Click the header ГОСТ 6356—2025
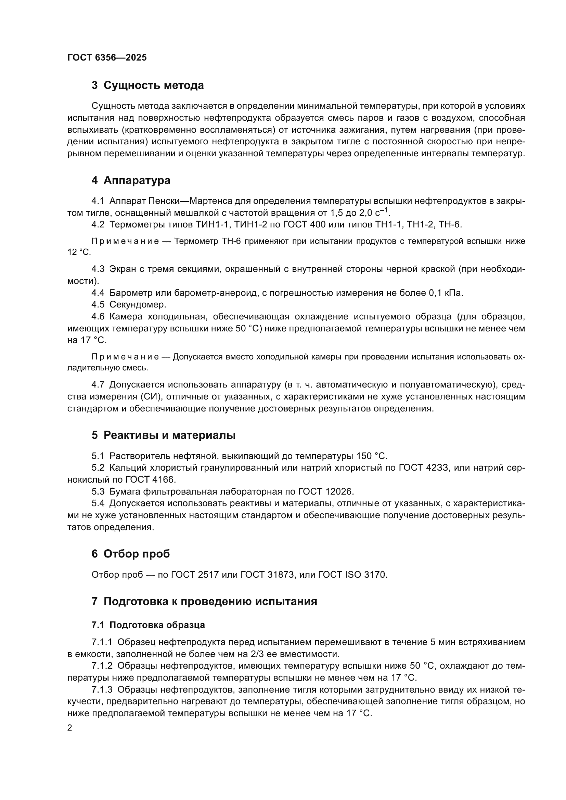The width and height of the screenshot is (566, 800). [x=107, y=58]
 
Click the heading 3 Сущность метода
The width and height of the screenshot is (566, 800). [x=147, y=86]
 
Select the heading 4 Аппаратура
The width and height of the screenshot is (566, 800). [x=131, y=181]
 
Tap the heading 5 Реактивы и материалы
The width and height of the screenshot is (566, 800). [x=164, y=435]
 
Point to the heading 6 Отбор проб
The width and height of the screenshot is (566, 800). [x=130, y=554]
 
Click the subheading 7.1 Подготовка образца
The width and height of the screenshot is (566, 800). [x=148, y=625]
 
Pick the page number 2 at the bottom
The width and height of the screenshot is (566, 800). [x=70, y=728]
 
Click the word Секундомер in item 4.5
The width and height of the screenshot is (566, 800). [x=138, y=304]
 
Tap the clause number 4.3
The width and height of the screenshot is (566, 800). [x=98, y=269]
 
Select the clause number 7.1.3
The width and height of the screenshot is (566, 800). [x=102, y=690]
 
